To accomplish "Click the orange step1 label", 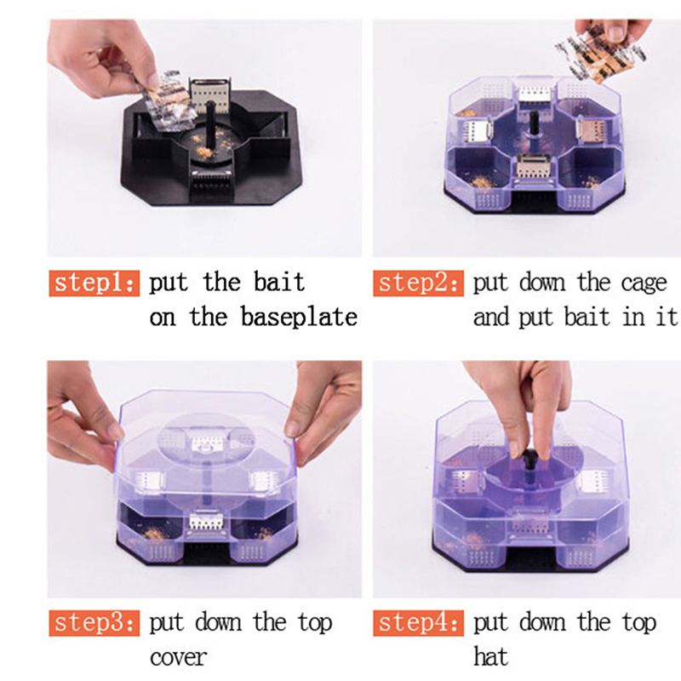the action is (94, 283).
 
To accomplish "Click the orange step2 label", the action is (418, 283).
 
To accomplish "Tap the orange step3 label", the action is (94, 623).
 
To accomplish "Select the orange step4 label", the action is (418, 623).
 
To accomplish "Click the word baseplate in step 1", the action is (299, 317).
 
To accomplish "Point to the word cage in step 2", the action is (644, 284).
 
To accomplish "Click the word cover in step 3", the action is (178, 657).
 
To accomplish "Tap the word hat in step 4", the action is (491, 655).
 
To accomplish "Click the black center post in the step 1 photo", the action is (210, 124).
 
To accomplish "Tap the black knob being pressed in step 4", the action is (529, 459).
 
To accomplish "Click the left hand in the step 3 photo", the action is (80, 418).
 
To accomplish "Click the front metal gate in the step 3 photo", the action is (207, 521).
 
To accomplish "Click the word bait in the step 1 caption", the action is (279, 282).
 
